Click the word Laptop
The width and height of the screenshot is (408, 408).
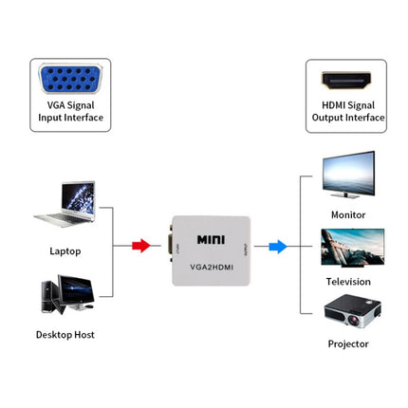click(65, 251)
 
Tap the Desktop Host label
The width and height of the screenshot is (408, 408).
click(65, 335)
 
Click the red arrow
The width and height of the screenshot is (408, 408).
click(140, 247)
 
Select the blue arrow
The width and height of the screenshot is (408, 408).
click(277, 247)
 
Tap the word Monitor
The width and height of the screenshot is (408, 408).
click(347, 215)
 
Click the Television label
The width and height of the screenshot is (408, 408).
click(347, 282)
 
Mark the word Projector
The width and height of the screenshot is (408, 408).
click(347, 343)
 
